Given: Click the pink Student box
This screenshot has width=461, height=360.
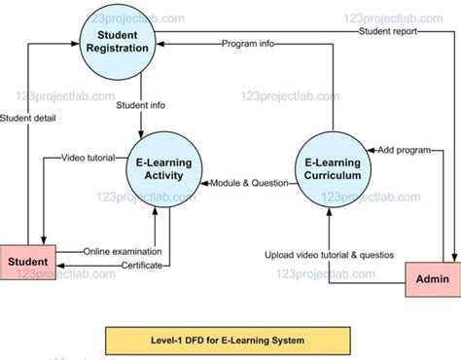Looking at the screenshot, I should (28, 262).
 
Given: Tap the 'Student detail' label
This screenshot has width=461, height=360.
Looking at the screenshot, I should (28, 120).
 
